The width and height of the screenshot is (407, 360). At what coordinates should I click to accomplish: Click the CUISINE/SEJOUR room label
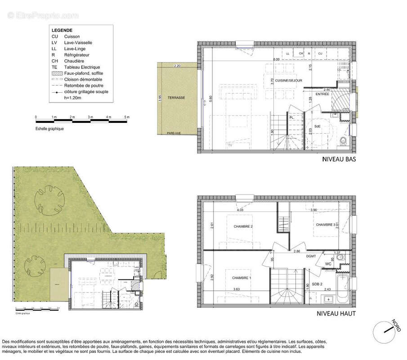[x=292, y=81]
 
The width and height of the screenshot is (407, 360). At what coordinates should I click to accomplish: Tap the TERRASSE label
[x=176, y=98]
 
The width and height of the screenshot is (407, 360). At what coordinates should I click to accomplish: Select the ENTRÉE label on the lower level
[x=322, y=94]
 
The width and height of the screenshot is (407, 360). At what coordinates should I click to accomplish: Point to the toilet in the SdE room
[x=344, y=141]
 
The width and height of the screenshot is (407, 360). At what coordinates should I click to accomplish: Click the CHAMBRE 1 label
[x=242, y=278]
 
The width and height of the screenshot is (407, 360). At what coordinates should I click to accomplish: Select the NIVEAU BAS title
[x=340, y=159]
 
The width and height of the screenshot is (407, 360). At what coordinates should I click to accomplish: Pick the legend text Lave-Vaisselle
[x=77, y=42]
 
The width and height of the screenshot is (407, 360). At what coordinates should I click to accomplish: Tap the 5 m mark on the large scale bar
[x=127, y=117]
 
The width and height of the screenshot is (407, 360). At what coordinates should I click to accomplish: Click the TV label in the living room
[x=230, y=145]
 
